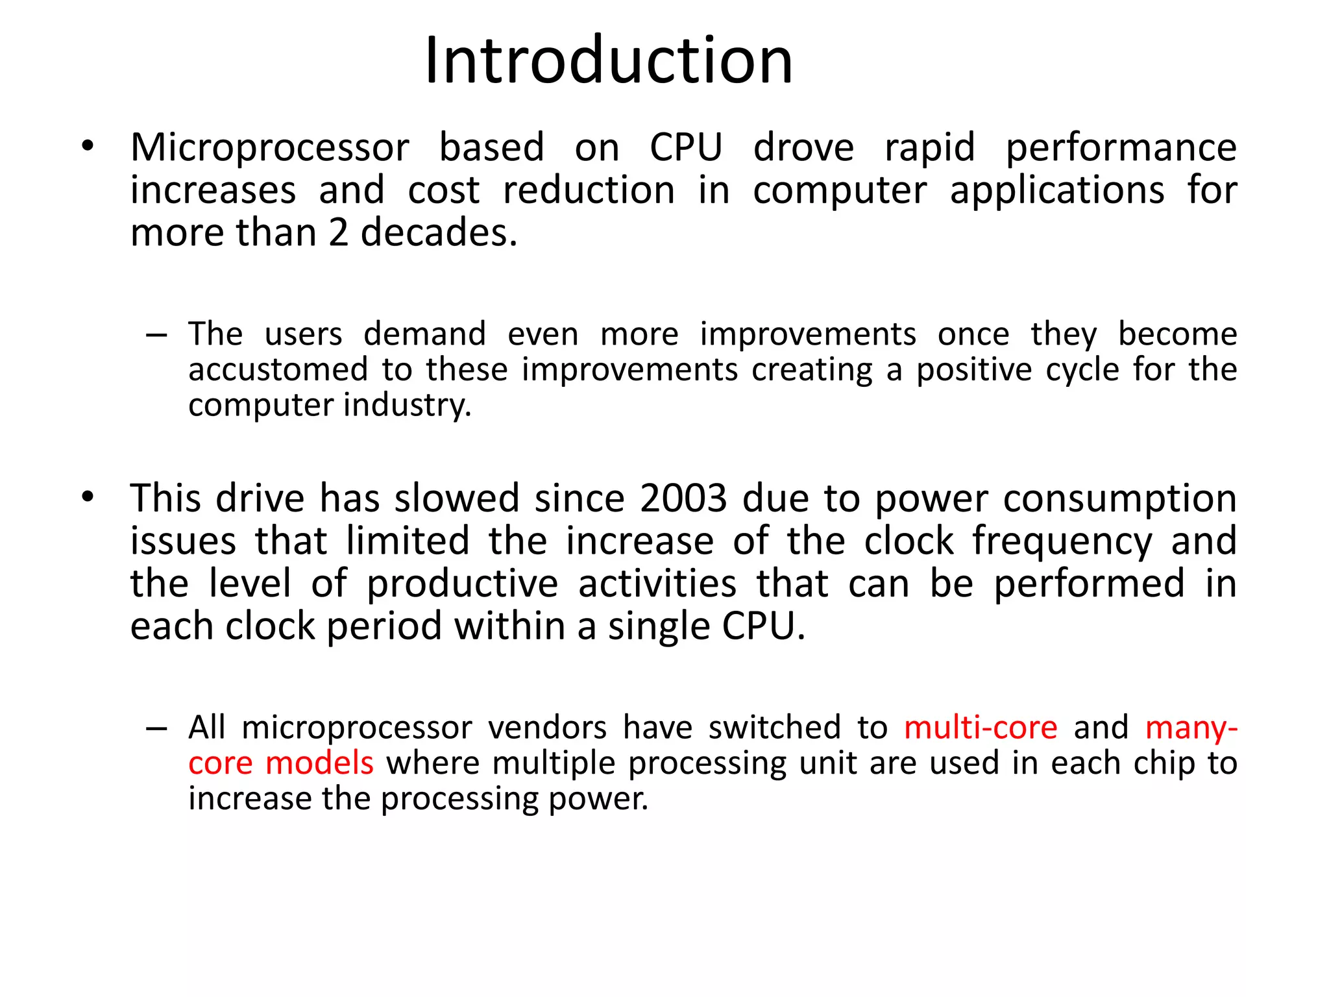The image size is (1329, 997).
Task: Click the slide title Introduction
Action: click(x=608, y=60)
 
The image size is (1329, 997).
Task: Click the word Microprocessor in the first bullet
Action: click(x=269, y=148)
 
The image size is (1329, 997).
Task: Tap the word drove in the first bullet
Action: click(x=803, y=147)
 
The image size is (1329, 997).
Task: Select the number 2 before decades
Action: click(x=338, y=232)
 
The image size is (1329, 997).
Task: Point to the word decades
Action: click(x=439, y=232)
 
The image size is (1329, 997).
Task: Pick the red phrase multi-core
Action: click(x=981, y=727)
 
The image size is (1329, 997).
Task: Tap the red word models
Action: click(x=319, y=763)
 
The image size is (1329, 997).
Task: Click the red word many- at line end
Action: click(x=1191, y=727)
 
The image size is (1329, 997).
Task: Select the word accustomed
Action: click(x=278, y=370)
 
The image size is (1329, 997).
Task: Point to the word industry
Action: click(x=407, y=406)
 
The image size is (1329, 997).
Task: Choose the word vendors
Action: click(x=547, y=727)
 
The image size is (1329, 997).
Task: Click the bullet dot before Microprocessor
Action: click(x=88, y=146)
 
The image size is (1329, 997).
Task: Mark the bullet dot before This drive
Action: click(x=88, y=497)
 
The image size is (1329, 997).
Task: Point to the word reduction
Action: click(x=589, y=191)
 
